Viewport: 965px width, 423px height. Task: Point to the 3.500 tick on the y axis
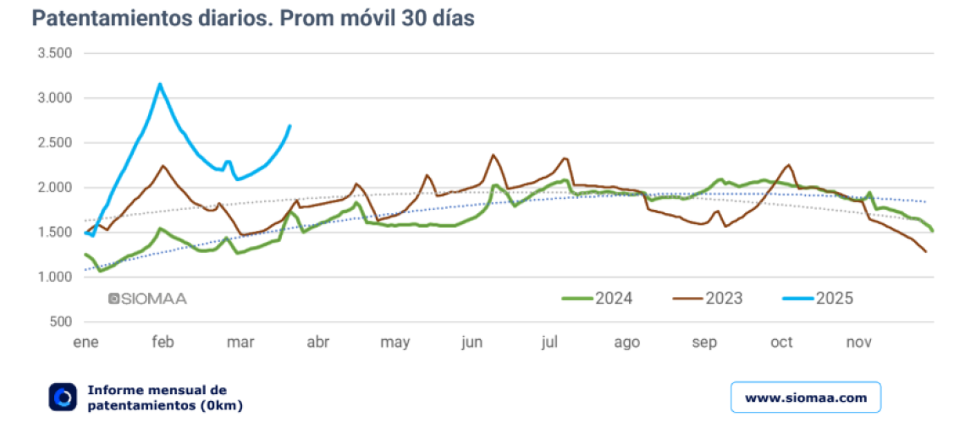coord(55,53)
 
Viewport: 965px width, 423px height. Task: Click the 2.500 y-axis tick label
coord(55,143)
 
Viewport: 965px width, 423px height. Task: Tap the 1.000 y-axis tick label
coord(55,277)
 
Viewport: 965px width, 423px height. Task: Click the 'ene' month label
coord(85,343)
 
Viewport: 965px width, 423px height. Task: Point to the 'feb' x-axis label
coord(163,343)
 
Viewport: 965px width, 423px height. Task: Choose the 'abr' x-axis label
coord(317,343)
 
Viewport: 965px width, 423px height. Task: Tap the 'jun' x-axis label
coord(471,343)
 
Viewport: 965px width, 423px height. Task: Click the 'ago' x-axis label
coord(626,343)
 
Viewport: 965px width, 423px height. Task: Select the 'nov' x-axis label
coord(859,343)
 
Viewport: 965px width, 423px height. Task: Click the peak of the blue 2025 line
coord(160,84)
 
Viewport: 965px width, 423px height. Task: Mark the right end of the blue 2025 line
coord(289,126)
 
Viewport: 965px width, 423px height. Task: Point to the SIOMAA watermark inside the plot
coord(147,299)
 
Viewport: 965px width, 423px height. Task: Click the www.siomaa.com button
coord(805,397)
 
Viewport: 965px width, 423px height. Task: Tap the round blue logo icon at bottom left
coord(63,397)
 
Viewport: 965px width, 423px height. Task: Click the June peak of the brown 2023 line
coord(494,155)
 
